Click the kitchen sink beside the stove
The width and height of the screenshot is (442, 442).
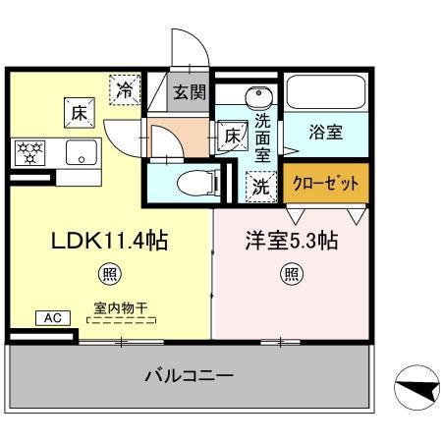coord(80,152)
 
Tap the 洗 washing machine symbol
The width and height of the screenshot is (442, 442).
coord(258,185)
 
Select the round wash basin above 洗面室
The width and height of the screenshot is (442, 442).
coord(258,97)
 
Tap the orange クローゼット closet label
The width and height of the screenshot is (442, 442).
coord(327,183)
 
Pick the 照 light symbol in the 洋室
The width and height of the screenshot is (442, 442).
coord(292,274)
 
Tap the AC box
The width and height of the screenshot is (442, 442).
coord(51,317)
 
